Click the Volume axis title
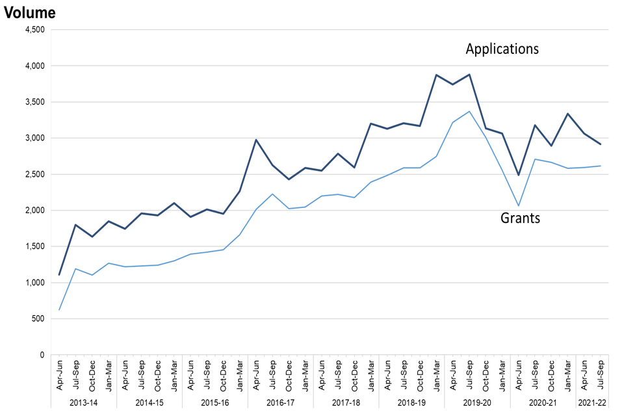pos(30,12)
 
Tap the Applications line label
pos(502,49)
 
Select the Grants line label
pos(520,218)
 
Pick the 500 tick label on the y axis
pos(38,318)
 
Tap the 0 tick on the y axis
pos(41,355)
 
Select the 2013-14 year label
pos(84,403)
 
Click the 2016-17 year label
pos(280,403)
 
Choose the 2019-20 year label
pos(477,403)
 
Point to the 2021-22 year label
pos(591,403)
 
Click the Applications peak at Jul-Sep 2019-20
pos(469,75)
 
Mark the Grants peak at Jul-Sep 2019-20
pos(469,111)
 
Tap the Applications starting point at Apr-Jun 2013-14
pos(59,275)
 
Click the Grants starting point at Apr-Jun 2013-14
pos(59,310)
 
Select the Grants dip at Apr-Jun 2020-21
pos(518,206)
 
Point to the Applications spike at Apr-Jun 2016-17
pos(256,140)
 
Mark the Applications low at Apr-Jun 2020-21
pos(518,175)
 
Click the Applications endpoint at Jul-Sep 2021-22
pos(600,144)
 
